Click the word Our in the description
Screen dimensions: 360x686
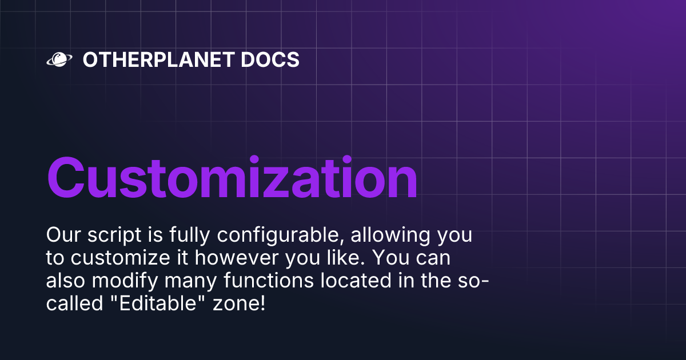[x=62, y=235]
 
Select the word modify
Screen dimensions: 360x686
[x=133, y=282]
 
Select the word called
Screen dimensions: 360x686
[x=70, y=303]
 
